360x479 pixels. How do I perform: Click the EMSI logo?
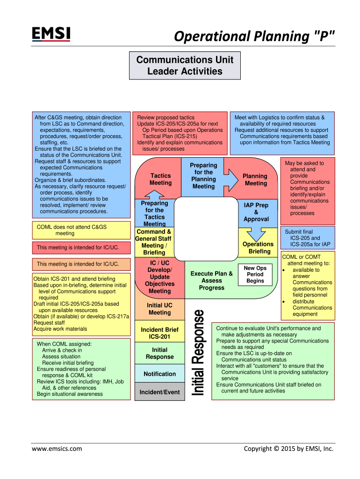[x=51, y=34]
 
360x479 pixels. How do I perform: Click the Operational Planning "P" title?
[x=254, y=36]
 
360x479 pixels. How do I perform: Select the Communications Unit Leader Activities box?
[x=185, y=65]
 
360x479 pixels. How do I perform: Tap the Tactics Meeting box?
[x=160, y=179]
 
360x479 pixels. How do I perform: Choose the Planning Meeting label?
[x=256, y=180]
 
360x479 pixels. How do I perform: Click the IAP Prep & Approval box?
[x=256, y=212]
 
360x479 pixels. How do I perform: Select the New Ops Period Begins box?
[x=255, y=275]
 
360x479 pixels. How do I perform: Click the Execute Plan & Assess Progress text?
[x=211, y=281]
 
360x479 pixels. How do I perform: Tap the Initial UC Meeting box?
[x=159, y=309]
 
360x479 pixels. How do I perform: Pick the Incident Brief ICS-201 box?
[x=159, y=333]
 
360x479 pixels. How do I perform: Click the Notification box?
[x=159, y=374]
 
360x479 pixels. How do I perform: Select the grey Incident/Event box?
[x=159, y=392]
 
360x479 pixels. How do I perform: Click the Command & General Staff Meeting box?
[x=153, y=242]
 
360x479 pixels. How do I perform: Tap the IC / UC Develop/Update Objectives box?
[x=159, y=277]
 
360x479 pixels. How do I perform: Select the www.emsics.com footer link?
[x=57, y=449]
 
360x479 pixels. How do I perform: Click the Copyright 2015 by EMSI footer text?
[x=288, y=449]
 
